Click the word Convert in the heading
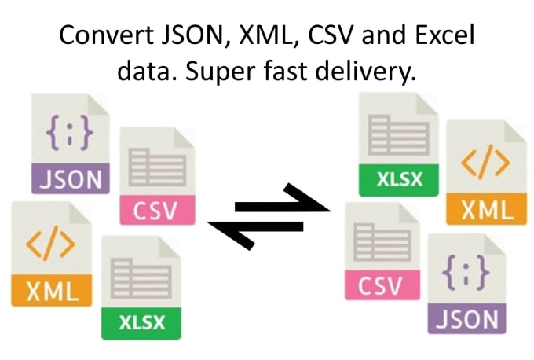(106, 35)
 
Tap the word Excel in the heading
(444, 35)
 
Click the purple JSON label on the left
(71, 178)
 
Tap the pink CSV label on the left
(157, 210)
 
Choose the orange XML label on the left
(51, 291)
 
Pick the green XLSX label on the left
(141, 322)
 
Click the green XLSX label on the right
(399, 179)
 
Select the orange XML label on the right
(486, 208)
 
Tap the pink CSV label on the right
(382, 285)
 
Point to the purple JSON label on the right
(467, 319)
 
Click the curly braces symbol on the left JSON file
(69, 133)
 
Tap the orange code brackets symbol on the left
(51, 244)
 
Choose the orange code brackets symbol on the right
(485, 162)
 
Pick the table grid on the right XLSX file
(398, 135)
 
